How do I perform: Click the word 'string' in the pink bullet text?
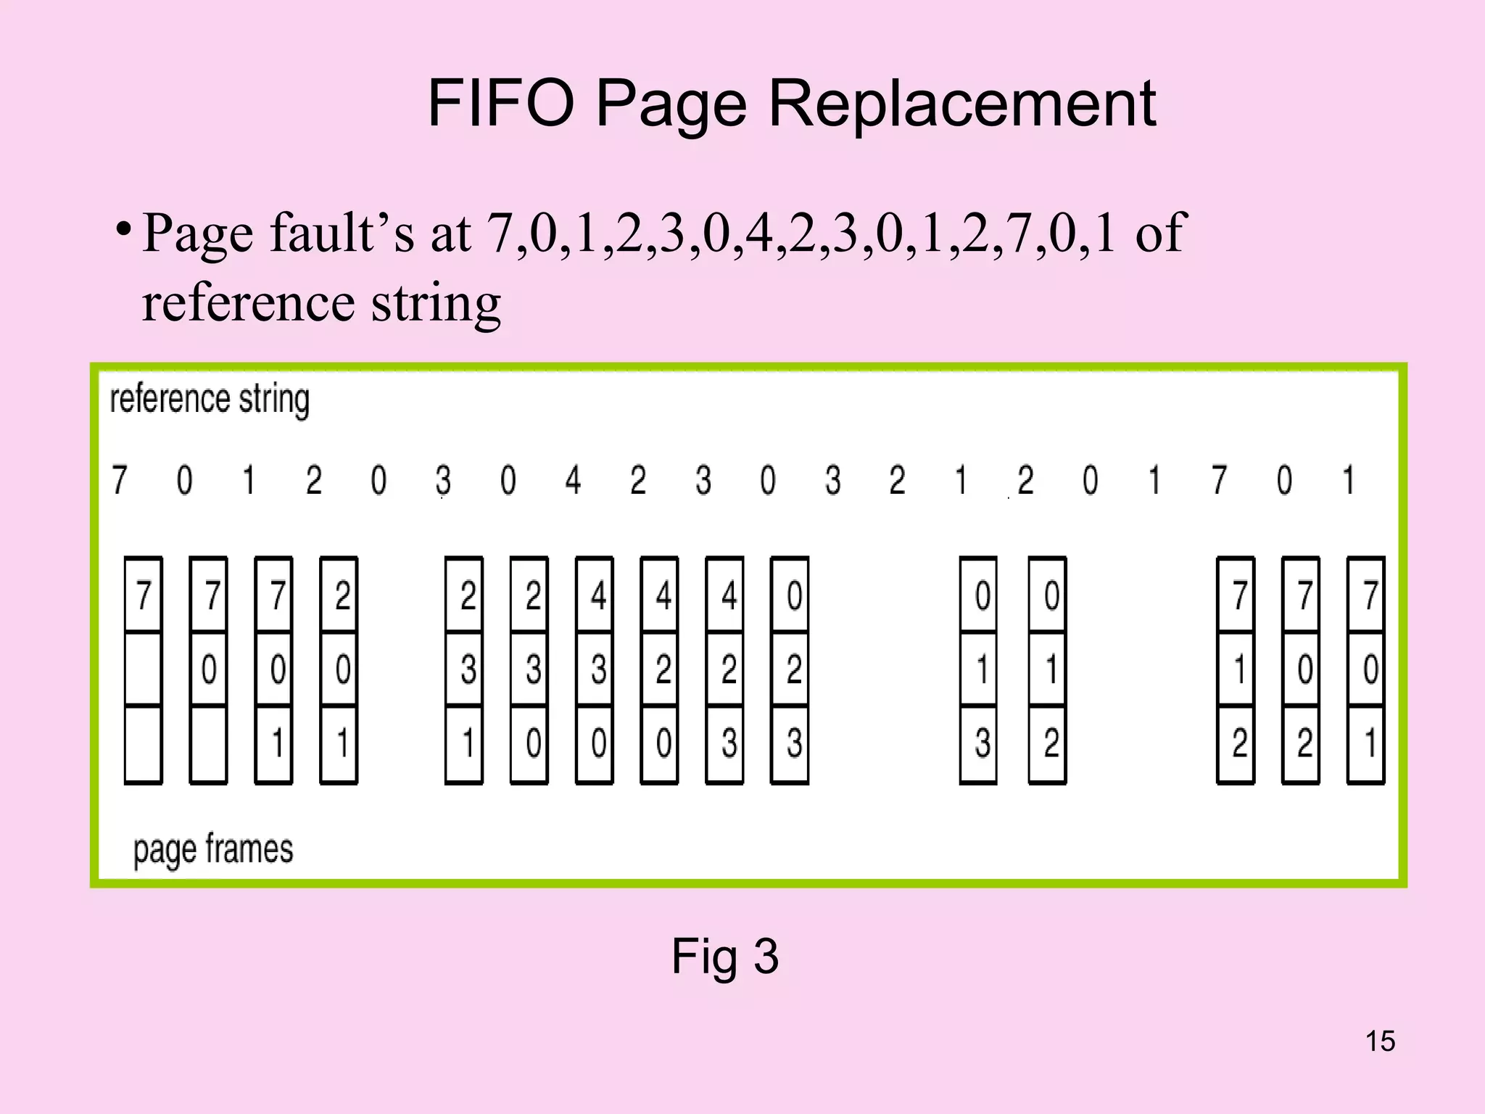click(436, 303)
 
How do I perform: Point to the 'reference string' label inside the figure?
click(210, 400)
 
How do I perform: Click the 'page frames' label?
click(213, 849)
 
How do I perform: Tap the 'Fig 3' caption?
click(724, 956)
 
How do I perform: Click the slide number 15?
click(1380, 1041)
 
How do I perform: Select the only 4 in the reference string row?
click(573, 480)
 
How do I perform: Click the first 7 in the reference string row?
click(120, 480)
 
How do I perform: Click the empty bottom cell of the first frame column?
click(143, 743)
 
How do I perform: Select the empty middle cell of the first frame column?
click(143, 669)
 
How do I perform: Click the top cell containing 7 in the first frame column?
click(143, 595)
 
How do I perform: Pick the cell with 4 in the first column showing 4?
click(595, 595)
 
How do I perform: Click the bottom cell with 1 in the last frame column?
click(1366, 743)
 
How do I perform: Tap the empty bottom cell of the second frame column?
click(208, 743)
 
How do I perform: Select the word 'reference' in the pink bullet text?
click(248, 303)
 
